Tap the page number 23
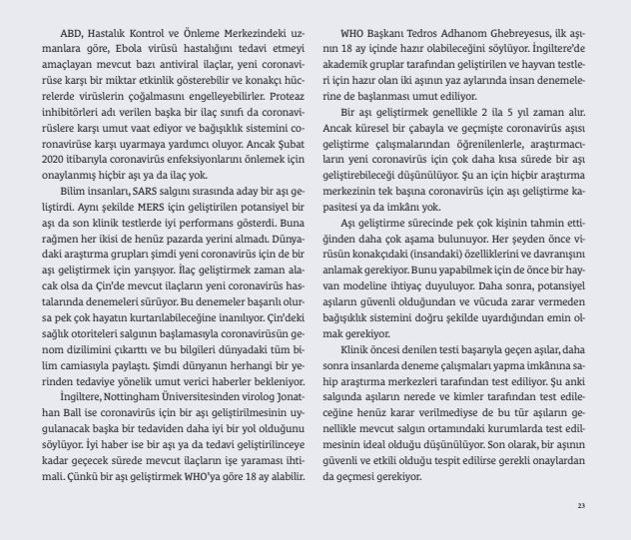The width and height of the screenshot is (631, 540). pyautogui.click(x=581, y=505)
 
